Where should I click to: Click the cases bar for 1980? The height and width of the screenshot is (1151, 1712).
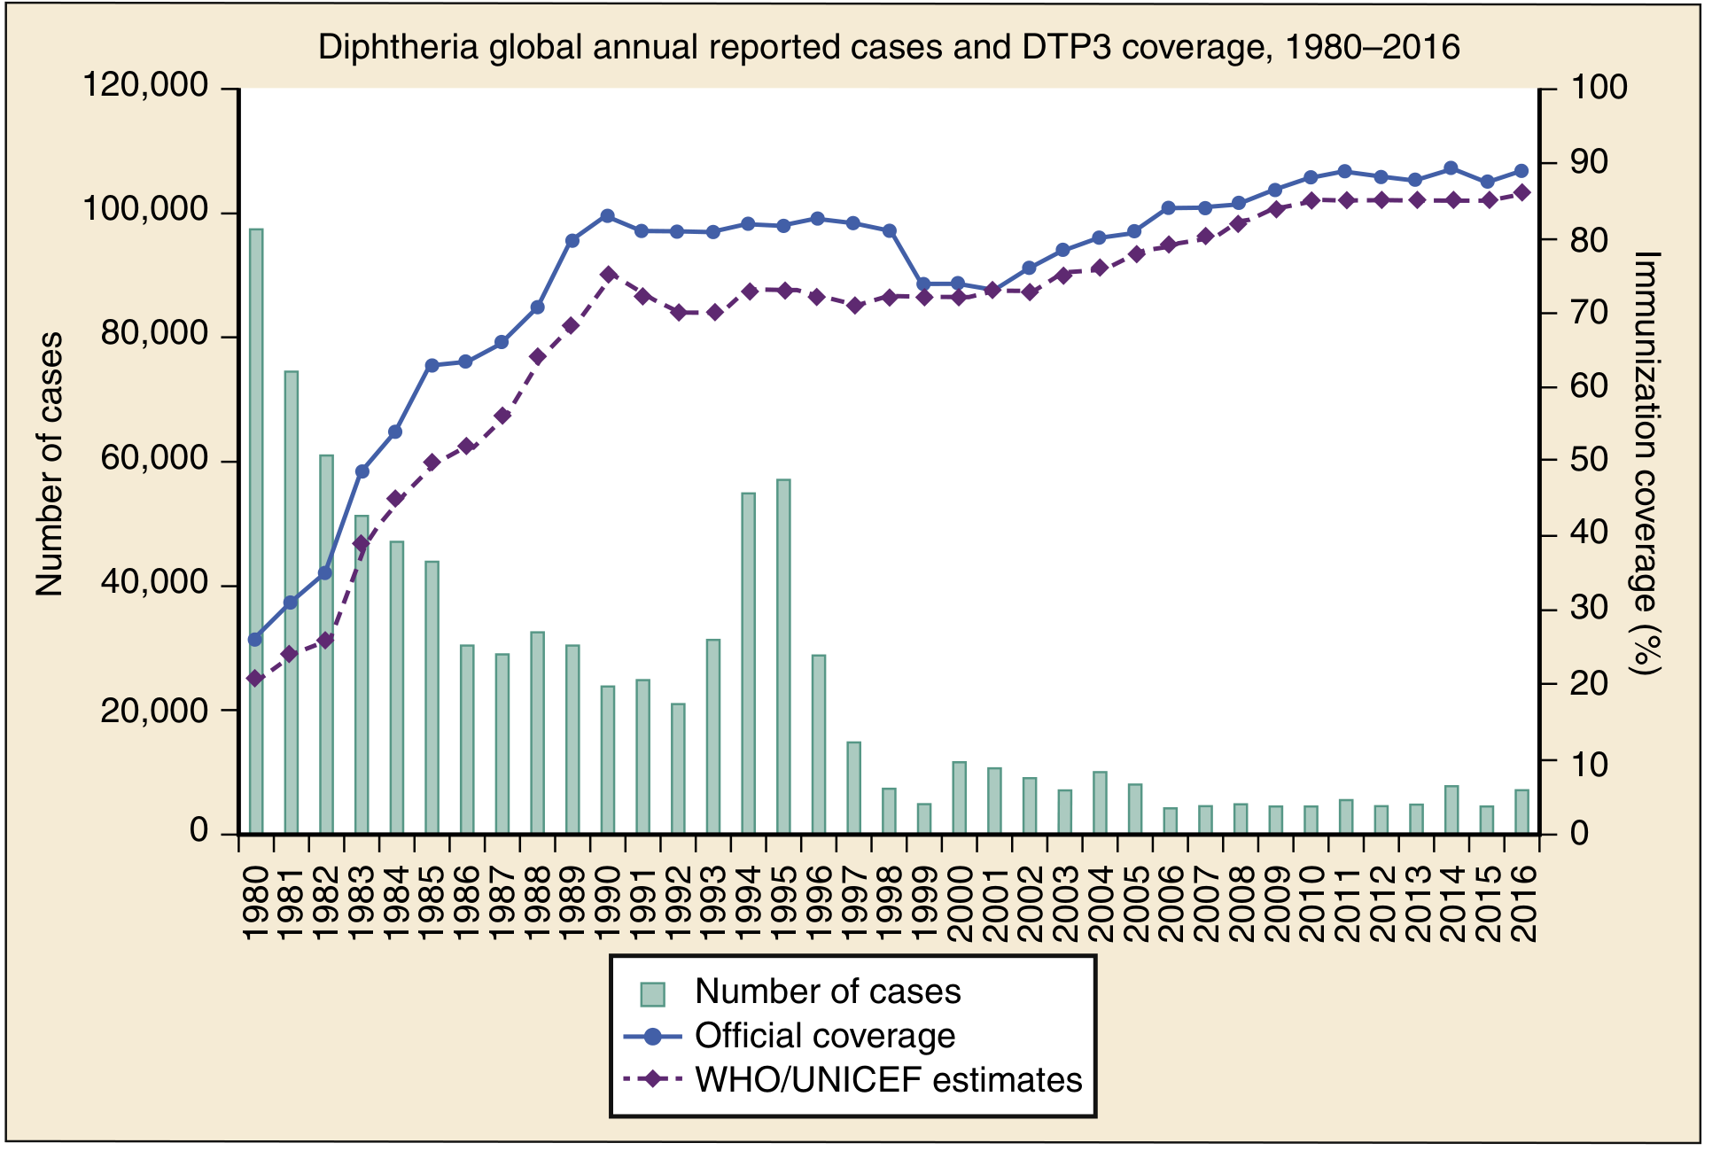tap(256, 532)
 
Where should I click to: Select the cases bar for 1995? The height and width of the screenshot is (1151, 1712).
tap(783, 657)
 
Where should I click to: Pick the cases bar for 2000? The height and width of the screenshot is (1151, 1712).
tap(960, 797)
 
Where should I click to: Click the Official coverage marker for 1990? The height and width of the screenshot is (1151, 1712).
tap(608, 216)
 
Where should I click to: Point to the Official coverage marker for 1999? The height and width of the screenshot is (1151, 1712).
tap(923, 284)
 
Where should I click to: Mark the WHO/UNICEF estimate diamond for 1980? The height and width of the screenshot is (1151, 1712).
tap(256, 679)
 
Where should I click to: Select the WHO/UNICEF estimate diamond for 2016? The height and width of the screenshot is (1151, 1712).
tap(1522, 193)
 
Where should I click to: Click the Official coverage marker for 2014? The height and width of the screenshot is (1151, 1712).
tap(1451, 168)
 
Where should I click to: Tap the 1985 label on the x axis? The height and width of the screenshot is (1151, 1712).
tap(432, 904)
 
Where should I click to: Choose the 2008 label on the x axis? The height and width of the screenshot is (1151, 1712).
tap(1241, 904)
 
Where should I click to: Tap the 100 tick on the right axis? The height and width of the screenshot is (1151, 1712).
tap(1599, 88)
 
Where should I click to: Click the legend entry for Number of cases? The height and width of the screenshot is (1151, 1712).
tap(827, 992)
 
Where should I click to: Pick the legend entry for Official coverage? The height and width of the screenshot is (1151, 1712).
tap(824, 1036)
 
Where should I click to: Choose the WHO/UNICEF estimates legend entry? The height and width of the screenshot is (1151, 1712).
tap(888, 1080)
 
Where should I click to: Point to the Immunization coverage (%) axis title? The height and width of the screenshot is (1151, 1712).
tap(1646, 461)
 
